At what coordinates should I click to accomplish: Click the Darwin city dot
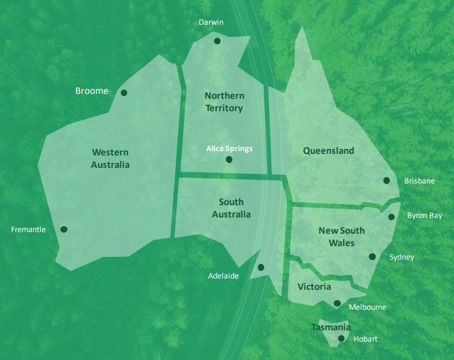tap(217, 41)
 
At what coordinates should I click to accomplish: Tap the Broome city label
tap(92, 91)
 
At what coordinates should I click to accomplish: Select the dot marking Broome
tap(124, 93)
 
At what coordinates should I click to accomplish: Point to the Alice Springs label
tap(229, 148)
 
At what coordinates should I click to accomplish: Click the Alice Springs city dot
tap(229, 160)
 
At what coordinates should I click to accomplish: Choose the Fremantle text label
tap(29, 229)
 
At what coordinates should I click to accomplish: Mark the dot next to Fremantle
tap(64, 229)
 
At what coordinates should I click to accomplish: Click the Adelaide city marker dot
tap(261, 267)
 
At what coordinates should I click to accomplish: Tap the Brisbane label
tap(419, 181)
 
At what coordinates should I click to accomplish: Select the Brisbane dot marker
tap(387, 181)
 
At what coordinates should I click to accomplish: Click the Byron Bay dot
tap(392, 217)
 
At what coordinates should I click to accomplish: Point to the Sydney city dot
tap(372, 256)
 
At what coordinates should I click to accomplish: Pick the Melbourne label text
tap(368, 307)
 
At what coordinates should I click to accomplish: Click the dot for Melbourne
tap(337, 303)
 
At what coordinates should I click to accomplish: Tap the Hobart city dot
tap(341, 339)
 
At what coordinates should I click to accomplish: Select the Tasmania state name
tap(331, 327)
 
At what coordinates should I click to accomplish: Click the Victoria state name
tap(314, 287)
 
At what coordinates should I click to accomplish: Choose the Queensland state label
tap(328, 151)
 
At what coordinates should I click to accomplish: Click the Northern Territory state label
tap(224, 102)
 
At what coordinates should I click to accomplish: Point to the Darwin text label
tap(211, 22)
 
